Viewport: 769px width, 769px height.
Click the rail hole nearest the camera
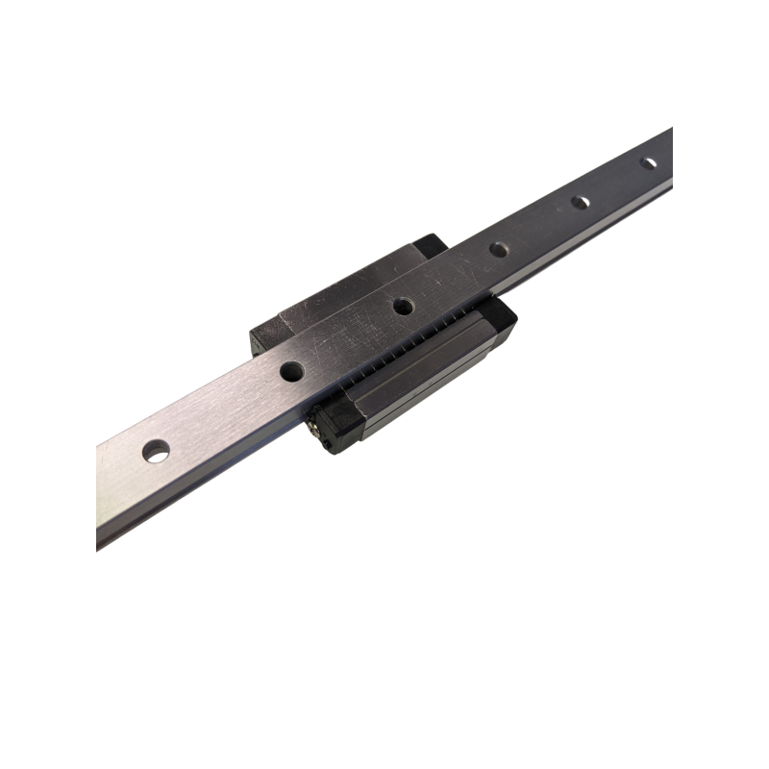pos(154,449)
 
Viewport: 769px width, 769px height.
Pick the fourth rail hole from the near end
pos(499,249)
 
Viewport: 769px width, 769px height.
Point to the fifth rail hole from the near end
pos(580,203)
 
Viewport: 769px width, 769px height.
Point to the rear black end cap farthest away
pos(429,244)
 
